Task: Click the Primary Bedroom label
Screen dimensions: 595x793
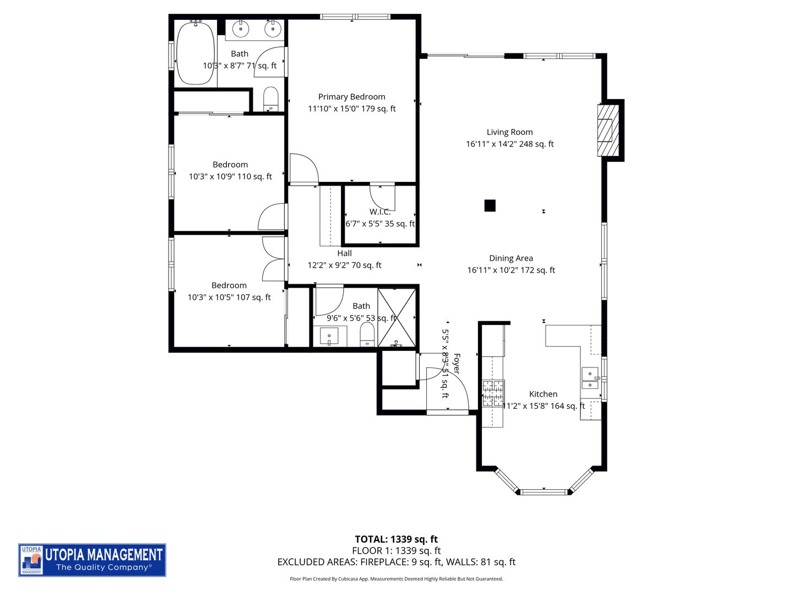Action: (351, 96)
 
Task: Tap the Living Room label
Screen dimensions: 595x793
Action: (509, 132)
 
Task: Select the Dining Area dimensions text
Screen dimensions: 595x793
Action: (510, 270)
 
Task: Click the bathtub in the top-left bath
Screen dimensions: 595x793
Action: (195, 53)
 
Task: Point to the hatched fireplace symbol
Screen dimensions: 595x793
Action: (605, 131)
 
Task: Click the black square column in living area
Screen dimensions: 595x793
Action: (490, 205)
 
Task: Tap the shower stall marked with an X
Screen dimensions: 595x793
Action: (397, 318)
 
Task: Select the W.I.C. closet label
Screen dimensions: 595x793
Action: (380, 212)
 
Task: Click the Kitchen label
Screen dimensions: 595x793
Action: (543, 394)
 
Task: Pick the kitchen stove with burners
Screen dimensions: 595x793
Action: (493, 394)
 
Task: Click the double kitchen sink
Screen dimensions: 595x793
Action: (590, 378)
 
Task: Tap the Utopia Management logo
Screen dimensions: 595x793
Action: (92, 560)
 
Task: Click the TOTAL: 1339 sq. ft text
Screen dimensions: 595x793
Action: (396, 539)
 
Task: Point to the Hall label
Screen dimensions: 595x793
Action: (344, 253)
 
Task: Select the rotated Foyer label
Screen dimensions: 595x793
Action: (456, 364)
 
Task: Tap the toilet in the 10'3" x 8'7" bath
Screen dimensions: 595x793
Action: (270, 98)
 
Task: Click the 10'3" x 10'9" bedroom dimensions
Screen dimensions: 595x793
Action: (230, 177)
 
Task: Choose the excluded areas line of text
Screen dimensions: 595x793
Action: (396, 562)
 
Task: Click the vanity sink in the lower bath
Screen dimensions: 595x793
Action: (329, 336)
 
